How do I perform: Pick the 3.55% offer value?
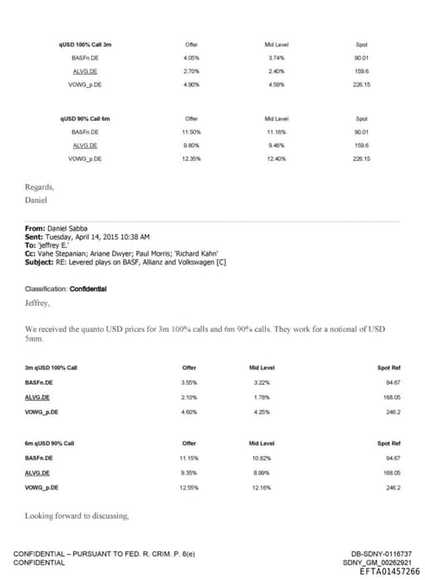188,383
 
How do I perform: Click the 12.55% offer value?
188,487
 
